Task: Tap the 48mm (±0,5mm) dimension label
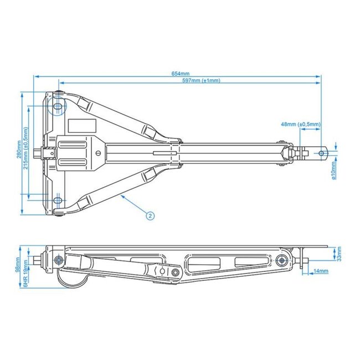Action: click(x=301, y=124)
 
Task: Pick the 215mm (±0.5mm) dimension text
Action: click(x=26, y=148)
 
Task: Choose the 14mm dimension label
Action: click(x=321, y=271)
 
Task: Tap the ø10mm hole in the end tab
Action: click(x=323, y=151)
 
